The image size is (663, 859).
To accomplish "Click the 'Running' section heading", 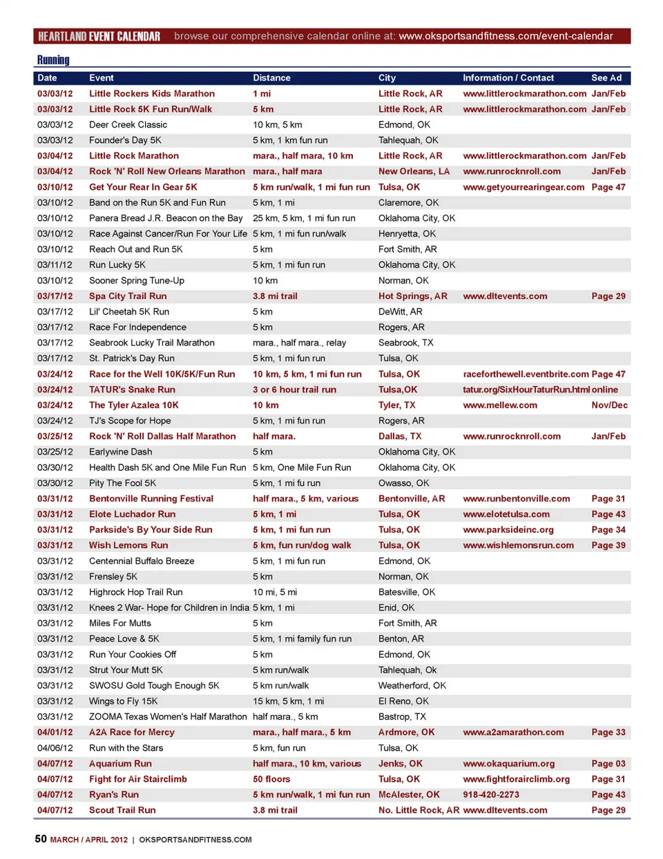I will (x=53, y=60).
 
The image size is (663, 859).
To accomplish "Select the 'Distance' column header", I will (x=271, y=78).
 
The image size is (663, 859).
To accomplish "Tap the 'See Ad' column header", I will (x=606, y=78).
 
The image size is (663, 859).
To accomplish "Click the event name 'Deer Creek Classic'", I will (x=128, y=125).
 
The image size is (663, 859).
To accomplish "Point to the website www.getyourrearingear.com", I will (x=523, y=187).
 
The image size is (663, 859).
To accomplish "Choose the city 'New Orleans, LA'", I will (x=414, y=171).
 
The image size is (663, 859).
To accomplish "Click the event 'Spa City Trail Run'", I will (x=128, y=296).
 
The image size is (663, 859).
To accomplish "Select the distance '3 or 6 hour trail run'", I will (x=294, y=390).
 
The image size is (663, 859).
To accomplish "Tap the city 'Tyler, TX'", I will (x=396, y=405).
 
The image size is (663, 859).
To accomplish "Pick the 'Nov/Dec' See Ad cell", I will (x=609, y=405).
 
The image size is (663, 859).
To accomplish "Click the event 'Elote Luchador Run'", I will (x=132, y=514).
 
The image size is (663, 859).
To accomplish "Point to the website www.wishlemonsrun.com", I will (x=518, y=545).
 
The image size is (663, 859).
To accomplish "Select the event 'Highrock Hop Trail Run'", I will (x=135, y=592).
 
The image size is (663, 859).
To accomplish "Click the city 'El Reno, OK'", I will (x=403, y=701).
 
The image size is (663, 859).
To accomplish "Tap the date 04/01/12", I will (x=55, y=732).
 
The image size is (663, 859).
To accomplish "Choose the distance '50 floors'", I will (x=271, y=779).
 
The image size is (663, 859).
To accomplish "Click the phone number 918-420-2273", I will (x=490, y=795).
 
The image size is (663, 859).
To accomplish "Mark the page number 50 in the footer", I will (x=41, y=839).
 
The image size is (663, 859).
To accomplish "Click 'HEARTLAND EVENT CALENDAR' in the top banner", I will (x=99, y=36).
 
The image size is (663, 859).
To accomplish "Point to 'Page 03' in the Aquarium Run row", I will (x=608, y=764).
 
